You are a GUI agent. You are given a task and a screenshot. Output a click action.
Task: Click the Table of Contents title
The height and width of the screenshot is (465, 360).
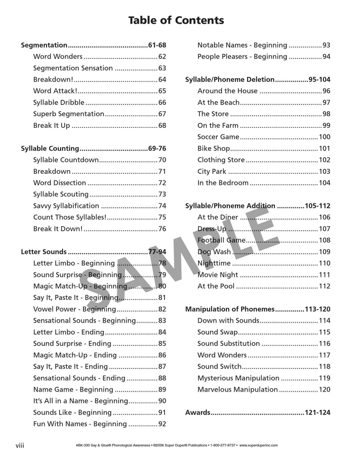tap(176, 20)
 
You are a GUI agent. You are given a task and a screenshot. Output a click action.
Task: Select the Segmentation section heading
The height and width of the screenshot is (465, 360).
tap(44, 45)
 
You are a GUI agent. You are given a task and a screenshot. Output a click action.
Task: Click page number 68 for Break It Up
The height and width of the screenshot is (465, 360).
tap(162, 126)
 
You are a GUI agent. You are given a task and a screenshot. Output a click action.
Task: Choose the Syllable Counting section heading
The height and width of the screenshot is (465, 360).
tap(50, 149)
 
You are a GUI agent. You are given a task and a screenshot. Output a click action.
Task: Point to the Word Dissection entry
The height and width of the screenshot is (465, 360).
tap(59, 183)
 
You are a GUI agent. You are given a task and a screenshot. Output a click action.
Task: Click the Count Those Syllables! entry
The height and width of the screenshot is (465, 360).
tap(70, 217)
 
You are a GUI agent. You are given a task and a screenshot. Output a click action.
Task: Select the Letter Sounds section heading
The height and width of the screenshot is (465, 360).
tap(44, 252)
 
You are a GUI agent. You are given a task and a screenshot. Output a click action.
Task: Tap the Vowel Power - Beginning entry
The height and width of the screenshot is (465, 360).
tap(74, 309)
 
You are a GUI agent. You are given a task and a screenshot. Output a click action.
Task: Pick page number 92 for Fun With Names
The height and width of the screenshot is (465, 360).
tap(162, 424)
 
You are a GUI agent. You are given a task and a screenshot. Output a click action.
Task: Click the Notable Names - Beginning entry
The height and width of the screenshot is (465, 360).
tap(242, 45)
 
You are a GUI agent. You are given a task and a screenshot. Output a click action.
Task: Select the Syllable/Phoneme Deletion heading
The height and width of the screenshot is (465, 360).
tap(229, 80)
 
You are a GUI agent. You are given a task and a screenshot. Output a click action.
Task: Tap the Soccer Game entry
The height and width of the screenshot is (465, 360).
tap(218, 137)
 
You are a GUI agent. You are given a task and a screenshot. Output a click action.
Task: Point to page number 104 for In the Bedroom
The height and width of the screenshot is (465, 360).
tap(324, 183)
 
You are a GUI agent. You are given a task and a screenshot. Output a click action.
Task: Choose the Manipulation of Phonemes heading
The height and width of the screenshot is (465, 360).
tap(229, 309)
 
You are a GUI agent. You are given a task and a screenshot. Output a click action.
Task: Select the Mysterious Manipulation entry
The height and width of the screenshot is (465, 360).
tap(238, 378)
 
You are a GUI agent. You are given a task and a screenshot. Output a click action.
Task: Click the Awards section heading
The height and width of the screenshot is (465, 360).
tap(198, 412)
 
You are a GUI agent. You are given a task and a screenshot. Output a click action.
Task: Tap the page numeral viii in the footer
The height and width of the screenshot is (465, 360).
tap(20, 446)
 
